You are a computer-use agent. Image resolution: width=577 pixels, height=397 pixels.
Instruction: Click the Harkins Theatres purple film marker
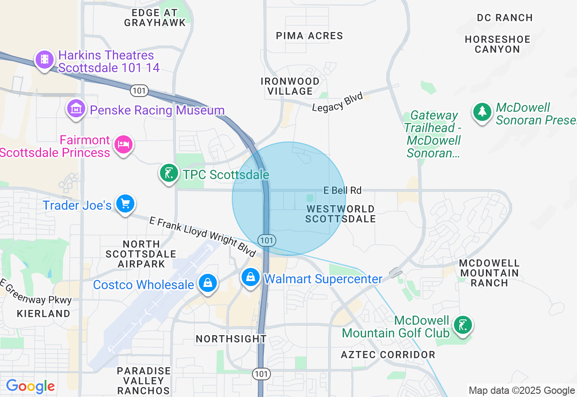[x=44, y=59]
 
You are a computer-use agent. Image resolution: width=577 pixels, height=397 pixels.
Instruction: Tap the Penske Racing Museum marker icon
[x=76, y=109]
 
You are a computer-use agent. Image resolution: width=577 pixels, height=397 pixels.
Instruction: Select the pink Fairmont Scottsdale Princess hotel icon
[x=124, y=144]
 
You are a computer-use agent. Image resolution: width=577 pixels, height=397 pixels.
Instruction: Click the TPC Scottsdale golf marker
[x=169, y=173]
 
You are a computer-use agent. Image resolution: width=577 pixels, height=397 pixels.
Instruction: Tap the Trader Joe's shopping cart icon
[x=125, y=203]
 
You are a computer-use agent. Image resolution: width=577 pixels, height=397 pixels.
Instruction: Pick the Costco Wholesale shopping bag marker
[x=208, y=283]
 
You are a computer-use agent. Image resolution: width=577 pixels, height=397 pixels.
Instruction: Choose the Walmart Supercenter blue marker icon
[x=250, y=277]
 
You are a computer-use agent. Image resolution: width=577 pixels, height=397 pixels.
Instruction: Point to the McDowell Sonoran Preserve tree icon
[x=482, y=111]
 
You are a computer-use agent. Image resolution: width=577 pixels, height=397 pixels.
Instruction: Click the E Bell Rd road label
[x=343, y=190]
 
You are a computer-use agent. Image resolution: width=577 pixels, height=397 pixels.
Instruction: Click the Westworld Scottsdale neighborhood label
[x=340, y=214]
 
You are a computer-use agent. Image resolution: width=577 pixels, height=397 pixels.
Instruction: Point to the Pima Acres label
[x=309, y=36]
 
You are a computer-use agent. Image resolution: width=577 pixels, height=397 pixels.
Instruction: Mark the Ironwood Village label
[x=290, y=86]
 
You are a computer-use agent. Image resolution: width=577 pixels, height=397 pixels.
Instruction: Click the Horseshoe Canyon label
[x=498, y=44]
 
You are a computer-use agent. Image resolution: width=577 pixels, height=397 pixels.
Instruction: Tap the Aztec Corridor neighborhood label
[x=388, y=355]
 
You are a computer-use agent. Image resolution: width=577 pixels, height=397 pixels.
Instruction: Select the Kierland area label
[x=44, y=314]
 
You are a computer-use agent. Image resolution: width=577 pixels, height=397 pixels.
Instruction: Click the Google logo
[x=30, y=386]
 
